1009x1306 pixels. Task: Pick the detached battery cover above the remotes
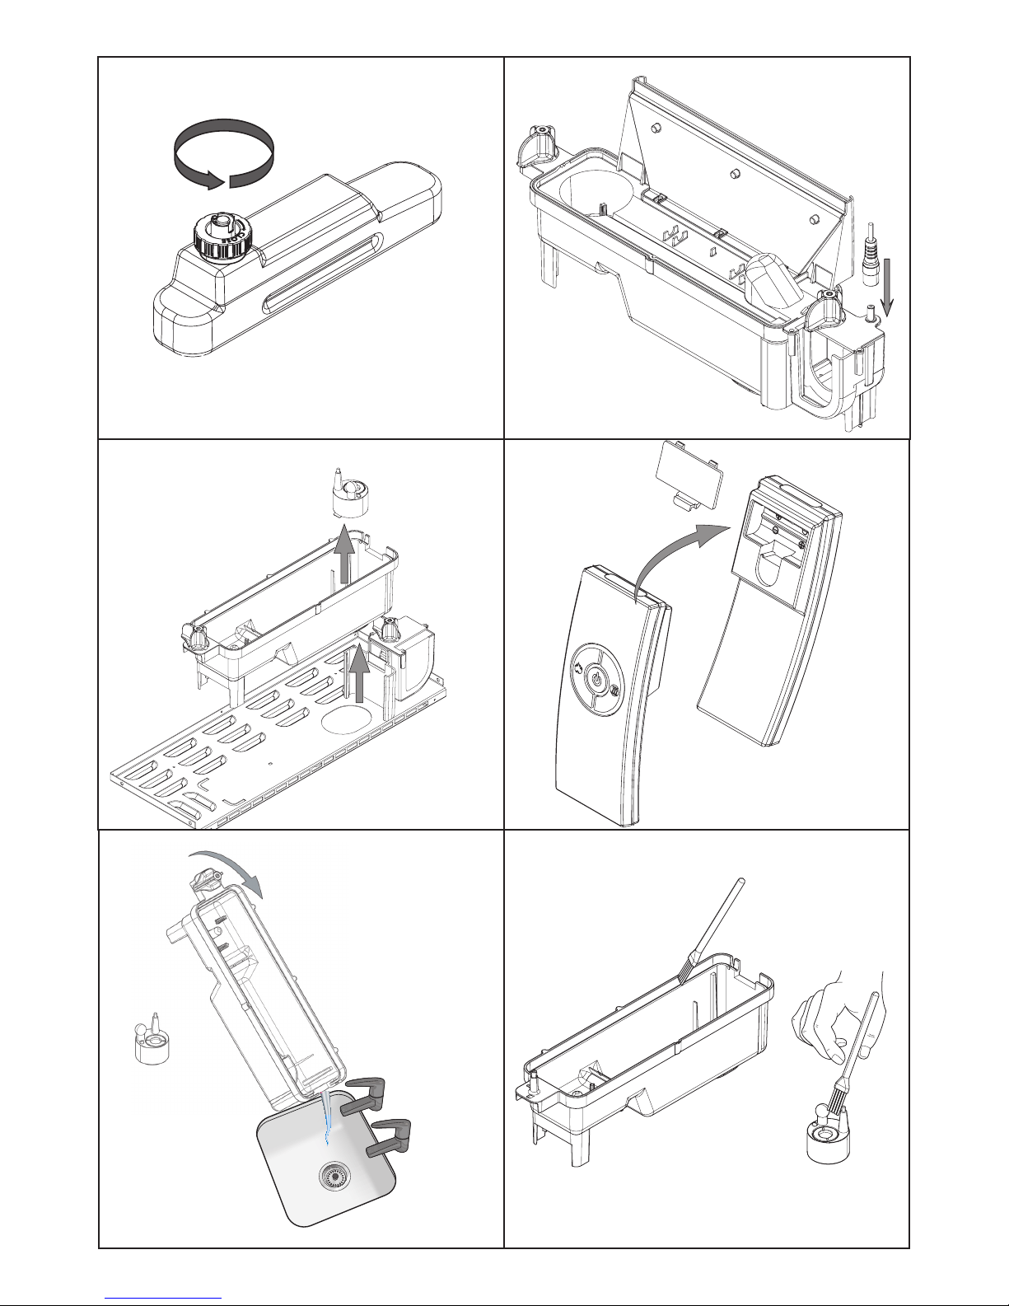click(688, 479)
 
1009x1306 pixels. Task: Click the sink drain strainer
click(334, 1175)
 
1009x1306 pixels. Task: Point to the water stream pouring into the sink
click(327, 1115)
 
